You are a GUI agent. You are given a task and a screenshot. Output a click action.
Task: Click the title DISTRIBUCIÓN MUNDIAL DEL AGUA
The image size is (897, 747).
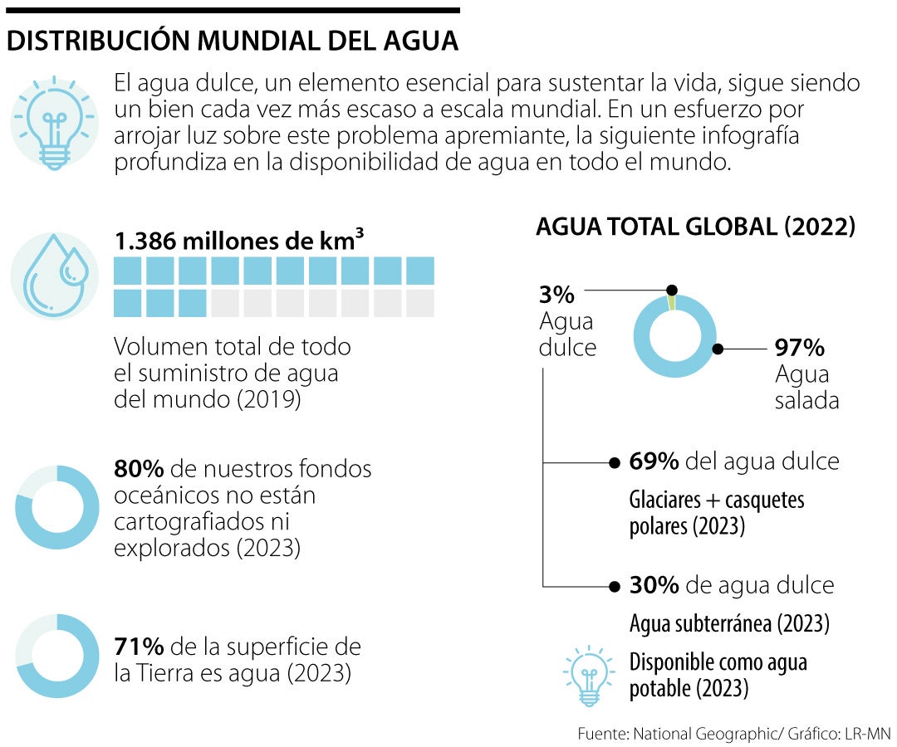click(x=233, y=42)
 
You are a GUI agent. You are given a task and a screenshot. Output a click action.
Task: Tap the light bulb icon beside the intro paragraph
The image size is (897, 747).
click(x=56, y=121)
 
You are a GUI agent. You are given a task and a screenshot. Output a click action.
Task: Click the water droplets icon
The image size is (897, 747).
click(x=56, y=274)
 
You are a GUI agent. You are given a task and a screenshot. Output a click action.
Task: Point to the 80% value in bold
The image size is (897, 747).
click(x=139, y=469)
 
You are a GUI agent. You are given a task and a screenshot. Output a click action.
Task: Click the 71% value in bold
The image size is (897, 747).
click(x=139, y=647)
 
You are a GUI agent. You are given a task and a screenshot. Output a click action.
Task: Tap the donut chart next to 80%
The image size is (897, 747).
click(x=56, y=508)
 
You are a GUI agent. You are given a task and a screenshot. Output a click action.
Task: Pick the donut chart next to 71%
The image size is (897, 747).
click(x=56, y=656)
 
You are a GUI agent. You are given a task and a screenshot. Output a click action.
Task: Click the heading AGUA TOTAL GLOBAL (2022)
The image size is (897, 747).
click(x=695, y=227)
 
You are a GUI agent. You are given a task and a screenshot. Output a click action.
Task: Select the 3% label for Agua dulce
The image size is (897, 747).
click(x=556, y=295)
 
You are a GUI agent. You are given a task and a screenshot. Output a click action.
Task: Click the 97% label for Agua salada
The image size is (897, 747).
click(x=799, y=348)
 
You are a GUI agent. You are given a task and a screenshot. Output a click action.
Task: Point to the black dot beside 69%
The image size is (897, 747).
click(x=615, y=462)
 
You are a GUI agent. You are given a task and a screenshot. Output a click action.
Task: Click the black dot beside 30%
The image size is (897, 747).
click(x=615, y=586)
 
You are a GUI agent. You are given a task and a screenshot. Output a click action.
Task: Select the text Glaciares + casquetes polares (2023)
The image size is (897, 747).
click(x=717, y=513)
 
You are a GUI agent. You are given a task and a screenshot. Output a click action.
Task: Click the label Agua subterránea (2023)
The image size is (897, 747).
click(x=729, y=622)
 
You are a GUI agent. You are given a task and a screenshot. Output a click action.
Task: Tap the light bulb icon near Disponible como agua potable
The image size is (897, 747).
click(x=589, y=675)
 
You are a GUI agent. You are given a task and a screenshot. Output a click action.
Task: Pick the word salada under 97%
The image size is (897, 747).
click(x=806, y=401)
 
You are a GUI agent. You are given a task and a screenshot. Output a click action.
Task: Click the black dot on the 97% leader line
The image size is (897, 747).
click(x=718, y=349)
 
